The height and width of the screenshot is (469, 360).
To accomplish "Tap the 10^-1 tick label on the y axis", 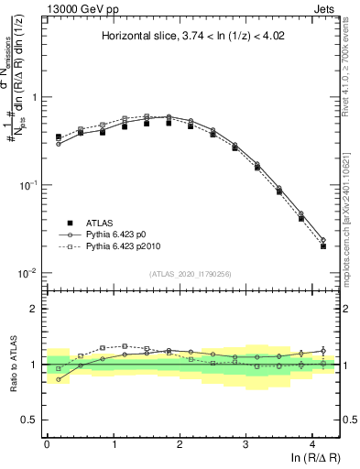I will click(x=27, y=185).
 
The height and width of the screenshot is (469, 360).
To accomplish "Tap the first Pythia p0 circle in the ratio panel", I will click(x=59, y=379).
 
